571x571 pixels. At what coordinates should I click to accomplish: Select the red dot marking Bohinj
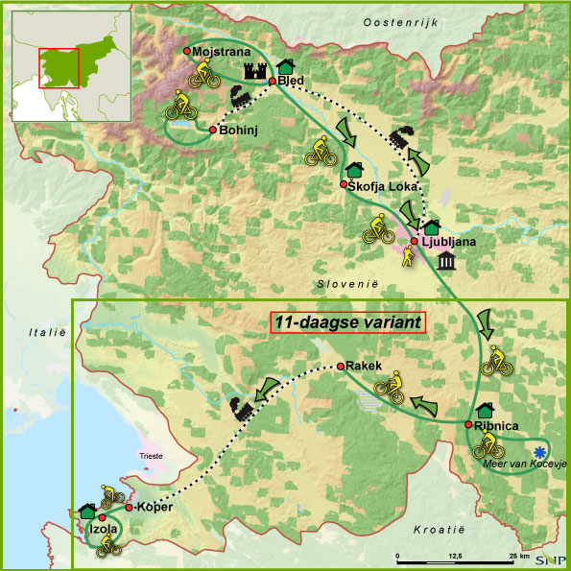click(212, 129)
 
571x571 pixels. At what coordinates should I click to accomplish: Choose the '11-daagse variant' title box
click(347, 323)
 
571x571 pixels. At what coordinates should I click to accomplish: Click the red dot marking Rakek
click(340, 367)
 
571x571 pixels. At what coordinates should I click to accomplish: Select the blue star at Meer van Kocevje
click(539, 451)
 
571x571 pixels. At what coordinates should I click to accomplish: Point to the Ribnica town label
click(496, 424)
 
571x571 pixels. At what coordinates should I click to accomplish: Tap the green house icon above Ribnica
click(485, 410)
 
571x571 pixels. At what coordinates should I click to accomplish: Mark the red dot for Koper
click(129, 507)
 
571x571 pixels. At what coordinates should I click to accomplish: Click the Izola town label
click(103, 529)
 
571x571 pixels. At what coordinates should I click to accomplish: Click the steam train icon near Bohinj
click(239, 96)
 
